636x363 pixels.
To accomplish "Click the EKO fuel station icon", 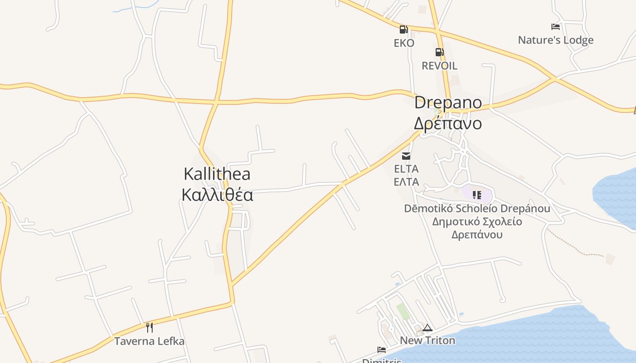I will pos(403,30).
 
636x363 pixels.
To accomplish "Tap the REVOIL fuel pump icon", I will pos(439,52).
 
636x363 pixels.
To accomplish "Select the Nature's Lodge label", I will pos(556,40).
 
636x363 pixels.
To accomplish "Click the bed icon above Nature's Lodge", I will pos(555,27).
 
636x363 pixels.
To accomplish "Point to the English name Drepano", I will pos(447,103).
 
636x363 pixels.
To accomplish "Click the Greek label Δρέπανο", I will pos(447,123).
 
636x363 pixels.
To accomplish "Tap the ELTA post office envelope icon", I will pos(406,156).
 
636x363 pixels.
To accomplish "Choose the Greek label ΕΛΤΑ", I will pos(406,182).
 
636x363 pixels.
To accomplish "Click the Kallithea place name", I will pos(217,174).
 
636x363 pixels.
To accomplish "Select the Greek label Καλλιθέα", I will pos(217,195).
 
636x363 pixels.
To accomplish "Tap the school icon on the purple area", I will pos(477,195).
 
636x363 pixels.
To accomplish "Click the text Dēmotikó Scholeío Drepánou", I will pos(477,209).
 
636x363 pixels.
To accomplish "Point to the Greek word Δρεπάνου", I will pos(477,235).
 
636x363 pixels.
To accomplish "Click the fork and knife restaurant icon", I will pos(149,327).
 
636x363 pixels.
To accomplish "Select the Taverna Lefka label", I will pos(149,341).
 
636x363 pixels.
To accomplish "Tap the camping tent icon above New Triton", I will pos(427,328).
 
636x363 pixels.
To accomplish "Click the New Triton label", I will pos(427,340).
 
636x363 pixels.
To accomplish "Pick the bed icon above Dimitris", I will pos(382,350).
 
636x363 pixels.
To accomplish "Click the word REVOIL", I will pos(439,66).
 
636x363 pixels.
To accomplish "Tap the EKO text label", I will pos(404,43).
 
